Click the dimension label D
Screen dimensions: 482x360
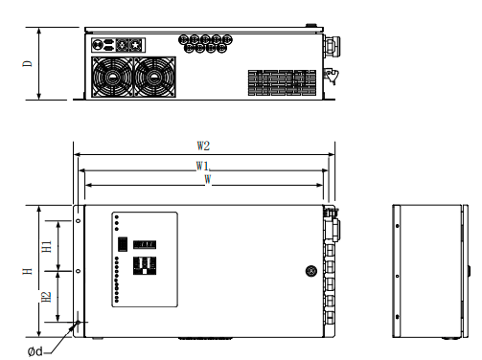click(x=28, y=63)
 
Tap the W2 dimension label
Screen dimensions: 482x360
click(x=203, y=146)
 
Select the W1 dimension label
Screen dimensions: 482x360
click(x=202, y=166)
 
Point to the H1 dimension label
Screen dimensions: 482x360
click(x=47, y=246)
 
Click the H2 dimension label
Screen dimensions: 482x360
click(x=47, y=297)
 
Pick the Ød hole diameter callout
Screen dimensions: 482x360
click(x=34, y=351)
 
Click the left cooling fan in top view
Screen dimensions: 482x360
click(x=112, y=77)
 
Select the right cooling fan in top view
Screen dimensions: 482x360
click(x=154, y=77)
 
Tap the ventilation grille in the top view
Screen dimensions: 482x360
click(x=282, y=82)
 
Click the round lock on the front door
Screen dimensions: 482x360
click(x=311, y=271)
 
